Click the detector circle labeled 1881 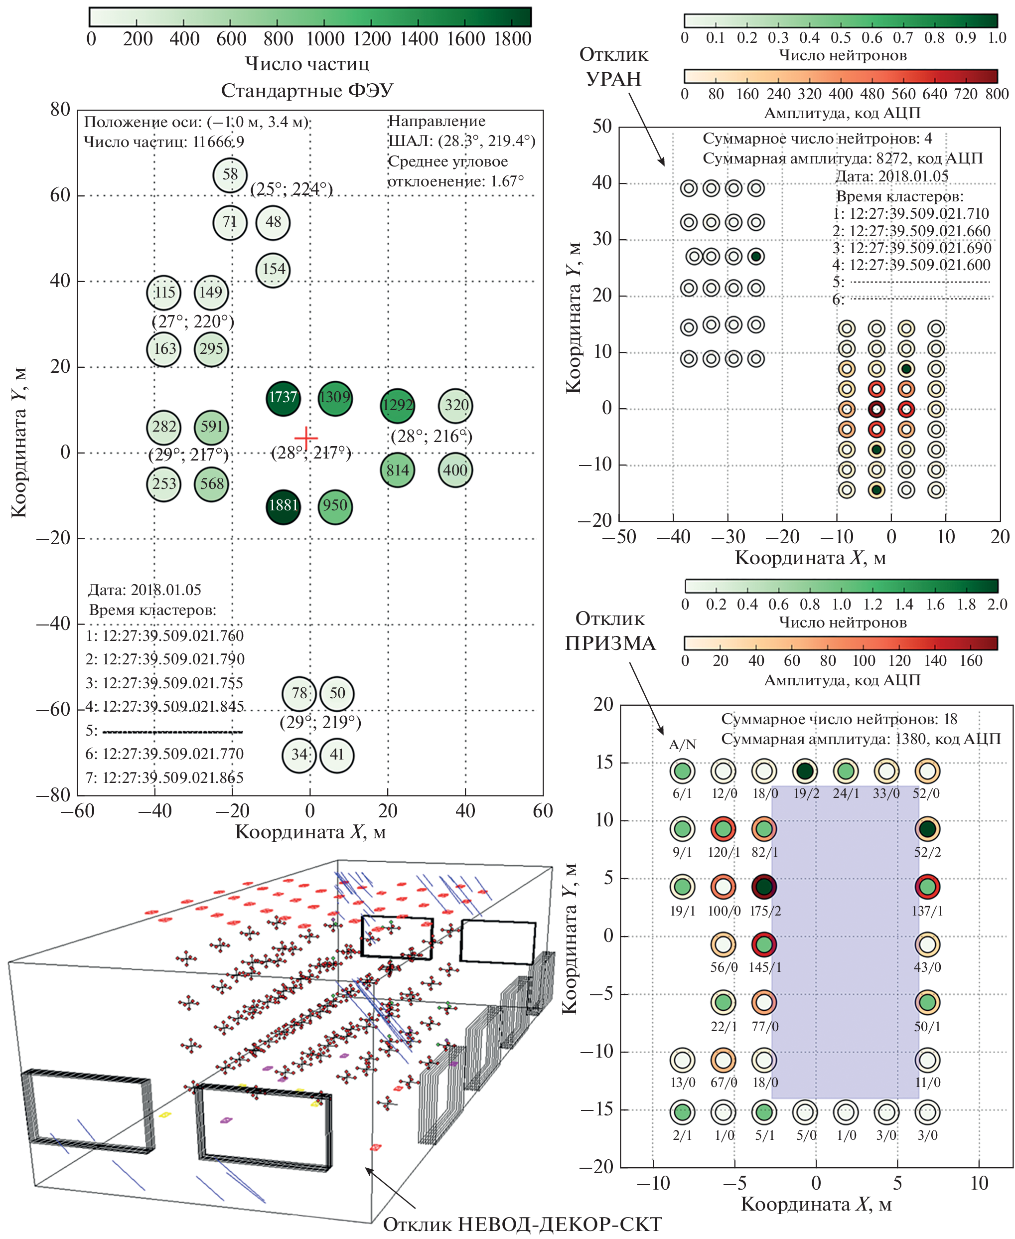tap(283, 506)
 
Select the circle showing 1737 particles tap(283, 398)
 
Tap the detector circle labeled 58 tap(230, 175)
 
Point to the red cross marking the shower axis tap(306, 438)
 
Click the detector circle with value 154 tap(273, 270)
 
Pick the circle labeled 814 tap(398, 470)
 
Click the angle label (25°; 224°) tap(291, 189)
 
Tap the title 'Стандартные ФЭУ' tap(307, 91)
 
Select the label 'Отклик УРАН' tap(613, 67)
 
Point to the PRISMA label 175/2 tap(765, 911)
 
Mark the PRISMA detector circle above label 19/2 tap(805, 771)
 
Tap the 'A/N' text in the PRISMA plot tap(682, 744)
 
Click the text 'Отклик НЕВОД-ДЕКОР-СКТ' tap(522, 1223)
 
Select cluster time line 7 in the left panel tap(165, 777)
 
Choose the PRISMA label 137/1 tap(927, 911)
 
